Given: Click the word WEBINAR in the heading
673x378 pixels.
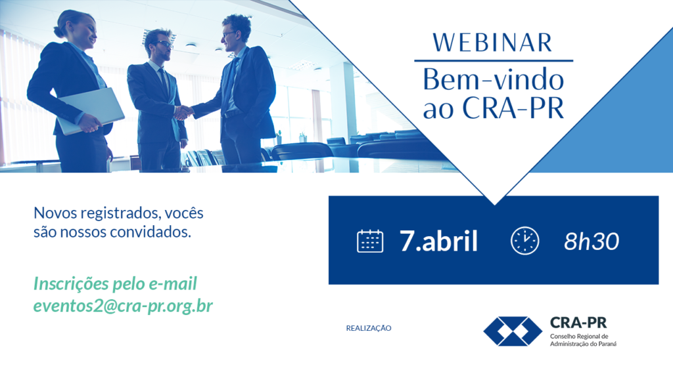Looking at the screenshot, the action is pyautogui.click(x=492, y=43).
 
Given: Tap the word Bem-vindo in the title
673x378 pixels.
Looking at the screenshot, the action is pyautogui.click(x=493, y=79).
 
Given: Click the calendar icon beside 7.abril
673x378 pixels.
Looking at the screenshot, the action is pyautogui.click(x=370, y=241).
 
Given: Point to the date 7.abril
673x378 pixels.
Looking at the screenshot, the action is pyautogui.click(x=438, y=241).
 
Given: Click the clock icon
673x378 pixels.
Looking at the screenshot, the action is pyautogui.click(x=524, y=241).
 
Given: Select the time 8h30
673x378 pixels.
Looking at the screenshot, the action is pyautogui.click(x=592, y=241).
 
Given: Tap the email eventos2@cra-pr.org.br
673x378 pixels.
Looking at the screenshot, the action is pyautogui.click(x=123, y=306).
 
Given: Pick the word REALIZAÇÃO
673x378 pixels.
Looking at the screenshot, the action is pyautogui.click(x=369, y=328).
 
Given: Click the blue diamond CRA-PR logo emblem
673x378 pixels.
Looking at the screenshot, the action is pyautogui.click(x=513, y=331).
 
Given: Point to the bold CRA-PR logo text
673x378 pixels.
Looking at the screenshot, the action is pyautogui.click(x=578, y=323).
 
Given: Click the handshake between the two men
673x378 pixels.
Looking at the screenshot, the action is pyautogui.click(x=184, y=112).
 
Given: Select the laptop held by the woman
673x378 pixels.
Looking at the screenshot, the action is pyautogui.click(x=91, y=111).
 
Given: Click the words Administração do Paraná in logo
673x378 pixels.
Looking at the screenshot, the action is pyautogui.click(x=584, y=344).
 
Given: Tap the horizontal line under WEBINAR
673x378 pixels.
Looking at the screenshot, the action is pyautogui.click(x=494, y=61).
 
